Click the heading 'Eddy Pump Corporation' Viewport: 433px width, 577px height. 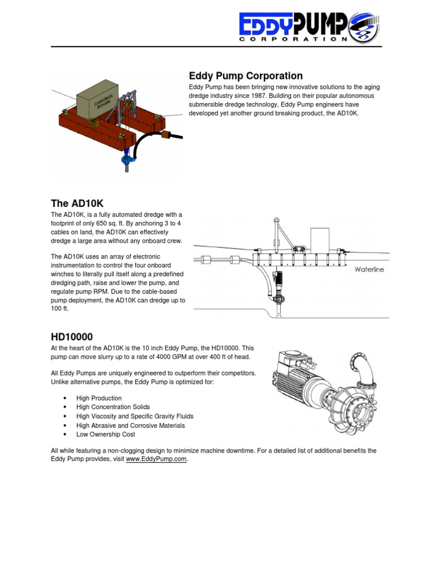(245, 76)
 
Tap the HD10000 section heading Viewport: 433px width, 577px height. (72, 336)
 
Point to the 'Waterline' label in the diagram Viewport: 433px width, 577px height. (369, 269)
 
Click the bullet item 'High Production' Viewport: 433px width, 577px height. (99, 398)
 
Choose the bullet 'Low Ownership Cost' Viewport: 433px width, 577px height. (105, 434)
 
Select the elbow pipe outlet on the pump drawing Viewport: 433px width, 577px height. (361, 366)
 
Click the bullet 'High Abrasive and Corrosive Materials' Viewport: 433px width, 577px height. (130, 425)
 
